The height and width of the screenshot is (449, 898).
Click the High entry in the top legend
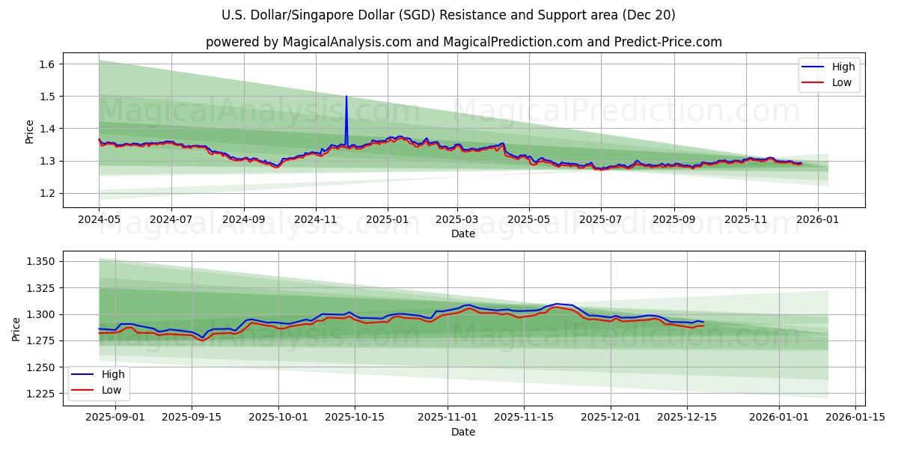843,67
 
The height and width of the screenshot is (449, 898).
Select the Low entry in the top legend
841,82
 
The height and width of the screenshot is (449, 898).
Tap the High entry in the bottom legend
112,374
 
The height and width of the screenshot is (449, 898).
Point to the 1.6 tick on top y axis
46,64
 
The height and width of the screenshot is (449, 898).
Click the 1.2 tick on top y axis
46,193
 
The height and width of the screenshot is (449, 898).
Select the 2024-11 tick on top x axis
315,221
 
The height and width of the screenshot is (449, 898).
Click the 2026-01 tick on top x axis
817,221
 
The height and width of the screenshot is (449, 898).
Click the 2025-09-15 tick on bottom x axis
192,417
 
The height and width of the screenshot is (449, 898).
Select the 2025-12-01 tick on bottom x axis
611,417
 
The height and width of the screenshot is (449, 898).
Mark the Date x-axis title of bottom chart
463,432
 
